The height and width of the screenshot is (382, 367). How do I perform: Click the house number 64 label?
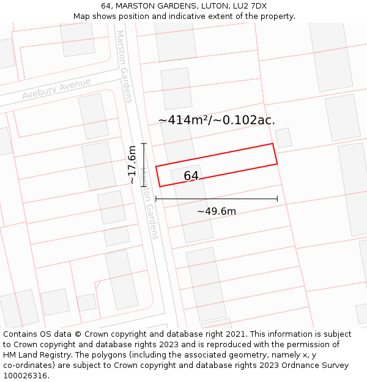[x=191, y=176]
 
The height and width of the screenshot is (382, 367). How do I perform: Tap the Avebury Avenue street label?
[x=56, y=89]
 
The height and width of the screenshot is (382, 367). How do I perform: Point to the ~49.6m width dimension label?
[x=217, y=211]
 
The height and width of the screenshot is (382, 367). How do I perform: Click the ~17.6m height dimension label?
[x=132, y=164]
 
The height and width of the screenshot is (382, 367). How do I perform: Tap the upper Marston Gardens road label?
[x=124, y=66]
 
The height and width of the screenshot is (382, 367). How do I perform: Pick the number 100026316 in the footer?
[x=26, y=376]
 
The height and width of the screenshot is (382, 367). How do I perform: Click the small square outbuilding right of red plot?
[x=283, y=138]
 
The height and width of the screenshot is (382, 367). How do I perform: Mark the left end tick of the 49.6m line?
[x=156, y=199]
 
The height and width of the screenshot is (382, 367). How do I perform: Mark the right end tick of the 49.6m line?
[x=277, y=199]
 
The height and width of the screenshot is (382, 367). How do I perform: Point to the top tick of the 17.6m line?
[x=144, y=144]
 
